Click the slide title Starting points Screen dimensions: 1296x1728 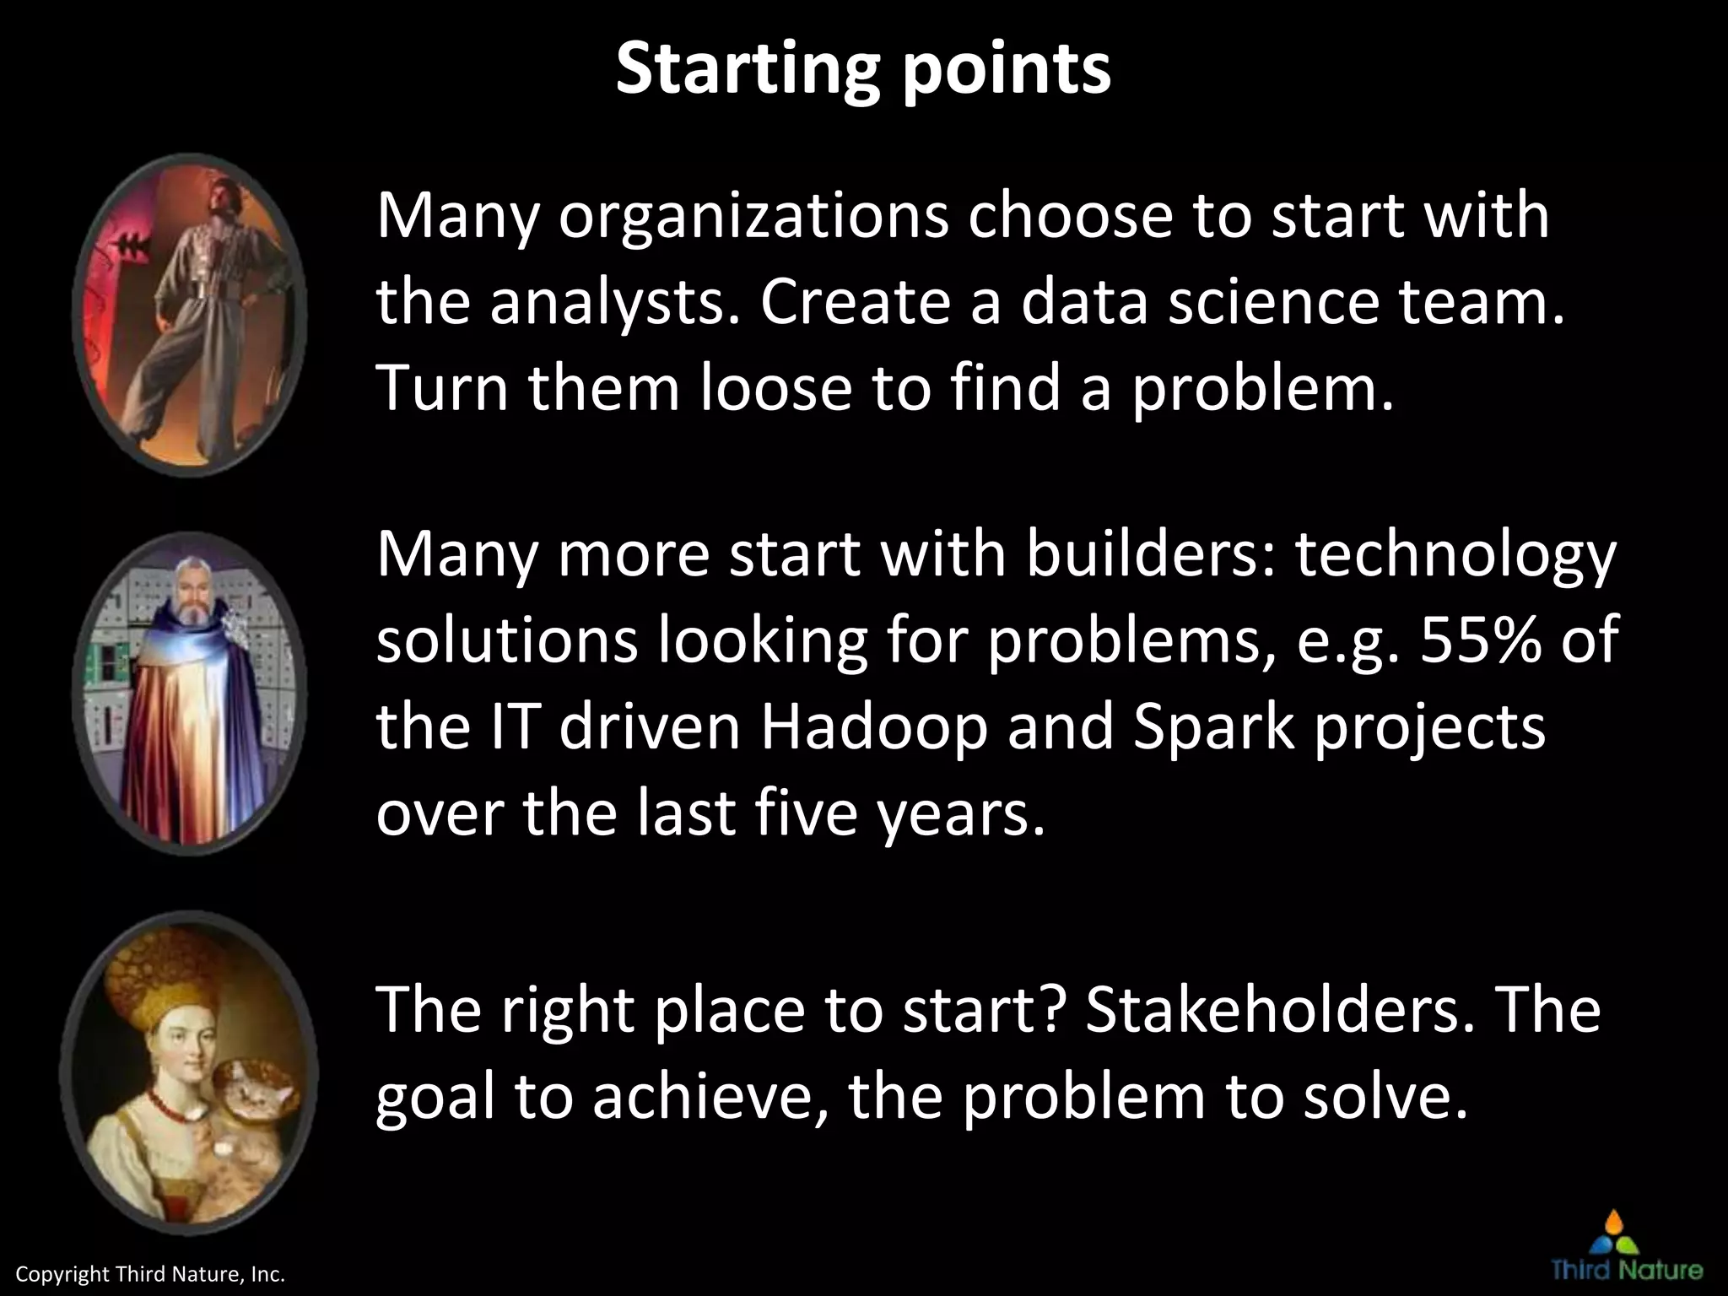click(x=862, y=69)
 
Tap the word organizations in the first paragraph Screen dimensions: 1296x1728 click(x=753, y=218)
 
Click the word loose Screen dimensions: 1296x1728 click(x=775, y=389)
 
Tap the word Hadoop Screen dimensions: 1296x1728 click(x=873, y=727)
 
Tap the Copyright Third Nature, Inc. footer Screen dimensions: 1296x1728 click(x=151, y=1274)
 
